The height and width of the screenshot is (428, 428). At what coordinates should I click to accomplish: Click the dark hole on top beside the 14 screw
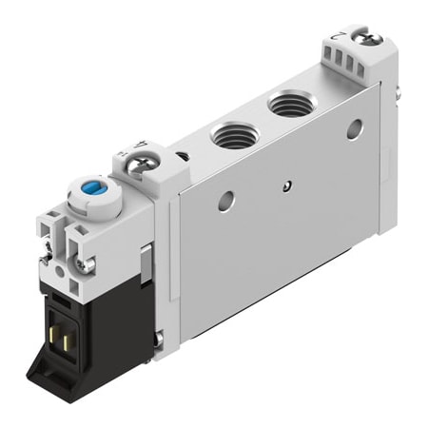pos(181,154)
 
